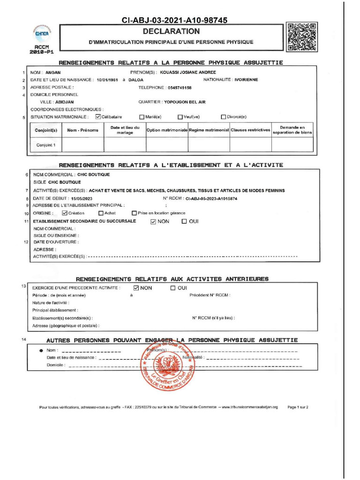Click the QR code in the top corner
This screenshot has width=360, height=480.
[x=302, y=37]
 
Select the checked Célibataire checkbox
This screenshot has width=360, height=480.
[x=97, y=117]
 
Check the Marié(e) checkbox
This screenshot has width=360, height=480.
[x=142, y=117]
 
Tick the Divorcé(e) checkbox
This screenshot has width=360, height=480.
[x=224, y=117]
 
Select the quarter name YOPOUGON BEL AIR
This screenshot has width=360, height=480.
[x=185, y=102]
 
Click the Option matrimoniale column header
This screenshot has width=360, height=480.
[x=167, y=130]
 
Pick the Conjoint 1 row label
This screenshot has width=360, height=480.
[x=46, y=145]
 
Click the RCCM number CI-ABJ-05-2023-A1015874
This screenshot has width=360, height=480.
[x=212, y=199]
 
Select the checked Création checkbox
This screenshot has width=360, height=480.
[x=65, y=213]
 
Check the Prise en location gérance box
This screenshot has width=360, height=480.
[x=135, y=213]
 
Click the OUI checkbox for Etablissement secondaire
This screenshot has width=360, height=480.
[x=184, y=221]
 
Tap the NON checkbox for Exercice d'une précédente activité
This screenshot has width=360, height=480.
[x=136, y=288]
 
